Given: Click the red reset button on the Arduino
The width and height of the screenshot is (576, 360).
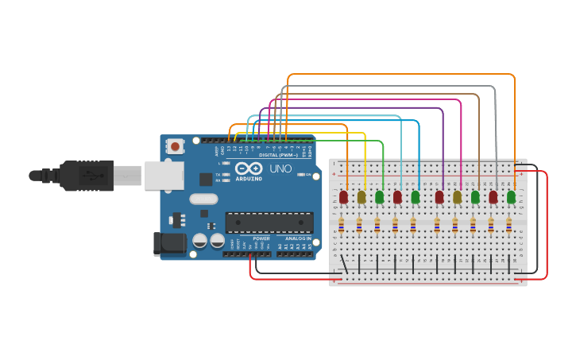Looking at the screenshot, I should point(176,146).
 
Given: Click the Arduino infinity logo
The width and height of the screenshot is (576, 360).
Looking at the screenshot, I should point(248,168).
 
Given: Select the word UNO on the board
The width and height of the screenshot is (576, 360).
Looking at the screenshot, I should point(280,169).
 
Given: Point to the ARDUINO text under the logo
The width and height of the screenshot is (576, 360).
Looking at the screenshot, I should point(248,180).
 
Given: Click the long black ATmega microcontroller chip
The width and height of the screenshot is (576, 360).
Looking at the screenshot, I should point(269,223).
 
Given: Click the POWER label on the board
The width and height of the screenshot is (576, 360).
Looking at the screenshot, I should point(261,238).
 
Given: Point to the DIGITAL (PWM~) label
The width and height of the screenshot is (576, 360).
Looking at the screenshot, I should point(278,155).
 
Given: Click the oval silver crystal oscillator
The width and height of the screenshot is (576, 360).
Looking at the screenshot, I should point(203,199).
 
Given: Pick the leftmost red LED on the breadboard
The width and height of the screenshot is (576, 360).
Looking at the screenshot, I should point(343,196).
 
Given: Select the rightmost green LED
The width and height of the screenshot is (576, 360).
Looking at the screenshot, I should point(511,196).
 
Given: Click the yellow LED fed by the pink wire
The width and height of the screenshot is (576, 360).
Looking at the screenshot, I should point(457,196).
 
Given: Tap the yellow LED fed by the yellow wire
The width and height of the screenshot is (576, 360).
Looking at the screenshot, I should point(361,196).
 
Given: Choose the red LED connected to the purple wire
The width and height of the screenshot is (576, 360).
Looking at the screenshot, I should point(439,196).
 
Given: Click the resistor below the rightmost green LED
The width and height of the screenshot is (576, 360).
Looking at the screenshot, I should point(508,226).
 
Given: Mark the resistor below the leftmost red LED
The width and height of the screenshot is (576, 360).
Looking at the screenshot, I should point(341,226).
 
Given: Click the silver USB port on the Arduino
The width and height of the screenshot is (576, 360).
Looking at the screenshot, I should point(164,176).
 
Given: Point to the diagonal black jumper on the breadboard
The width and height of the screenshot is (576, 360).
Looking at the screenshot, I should point(343,264).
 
